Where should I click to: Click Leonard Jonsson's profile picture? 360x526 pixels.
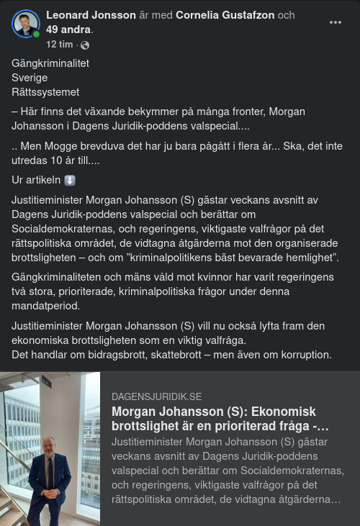click(25, 23)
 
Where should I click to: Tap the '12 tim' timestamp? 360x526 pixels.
click(60, 45)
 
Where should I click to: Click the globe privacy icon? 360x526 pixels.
click(85, 45)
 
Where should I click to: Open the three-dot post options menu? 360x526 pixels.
click(335, 22)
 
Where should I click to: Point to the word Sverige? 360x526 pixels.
click(30, 78)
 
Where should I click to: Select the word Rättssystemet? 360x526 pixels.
click(45, 92)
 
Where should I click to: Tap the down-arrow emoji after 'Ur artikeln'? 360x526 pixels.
click(69, 181)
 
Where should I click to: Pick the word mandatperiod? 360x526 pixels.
click(45, 306)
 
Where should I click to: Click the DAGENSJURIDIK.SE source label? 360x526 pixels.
click(156, 396)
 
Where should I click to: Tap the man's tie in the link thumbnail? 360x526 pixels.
click(50, 471)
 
